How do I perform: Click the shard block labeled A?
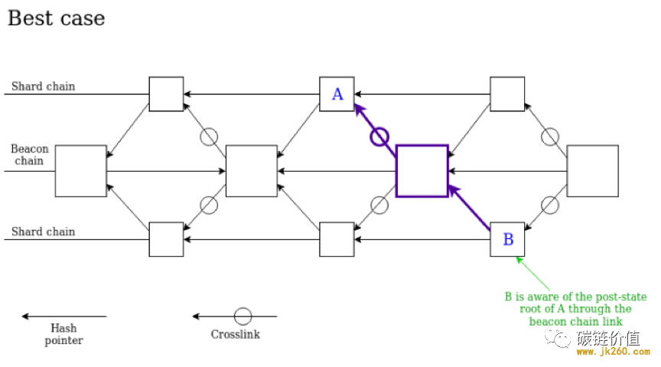click(x=337, y=93)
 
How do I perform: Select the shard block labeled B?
click(x=507, y=240)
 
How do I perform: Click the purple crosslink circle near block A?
click(x=379, y=137)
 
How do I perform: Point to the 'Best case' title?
click(x=56, y=18)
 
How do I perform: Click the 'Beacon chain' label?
click(x=29, y=155)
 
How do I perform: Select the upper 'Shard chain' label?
click(x=43, y=86)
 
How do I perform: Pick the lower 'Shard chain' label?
click(x=43, y=231)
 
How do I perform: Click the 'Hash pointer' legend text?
click(x=63, y=334)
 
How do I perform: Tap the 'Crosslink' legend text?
click(x=235, y=334)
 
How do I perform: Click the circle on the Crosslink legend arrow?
click(x=243, y=308)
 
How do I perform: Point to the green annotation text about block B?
click(x=575, y=309)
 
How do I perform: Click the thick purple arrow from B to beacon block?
click(x=469, y=208)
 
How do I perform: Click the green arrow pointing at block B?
click(x=533, y=274)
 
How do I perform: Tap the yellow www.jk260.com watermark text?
click(x=613, y=352)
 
